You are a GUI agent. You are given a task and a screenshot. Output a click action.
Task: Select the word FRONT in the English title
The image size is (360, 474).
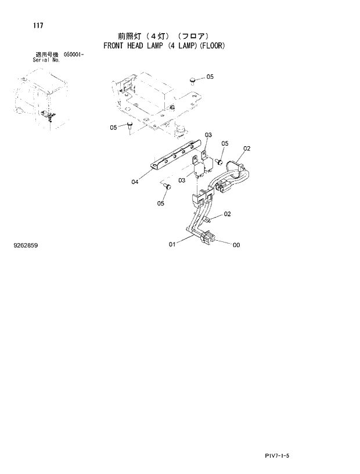[x=113, y=45]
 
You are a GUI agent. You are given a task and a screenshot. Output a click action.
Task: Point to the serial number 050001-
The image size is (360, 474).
[x=74, y=54]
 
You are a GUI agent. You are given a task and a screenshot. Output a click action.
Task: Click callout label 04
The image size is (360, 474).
[x=135, y=182]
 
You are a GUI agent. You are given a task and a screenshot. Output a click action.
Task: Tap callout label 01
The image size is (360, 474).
[x=172, y=244]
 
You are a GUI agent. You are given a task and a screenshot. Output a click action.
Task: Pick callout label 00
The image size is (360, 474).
[x=236, y=245]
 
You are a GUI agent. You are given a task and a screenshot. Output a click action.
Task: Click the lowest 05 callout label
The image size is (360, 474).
[x=161, y=203]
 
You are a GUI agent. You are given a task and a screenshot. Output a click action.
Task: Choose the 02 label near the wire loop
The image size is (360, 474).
[x=246, y=149]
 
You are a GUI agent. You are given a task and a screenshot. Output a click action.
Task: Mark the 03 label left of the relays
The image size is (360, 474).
[x=182, y=180]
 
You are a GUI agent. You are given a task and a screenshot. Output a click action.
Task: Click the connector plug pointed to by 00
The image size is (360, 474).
[x=209, y=238]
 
